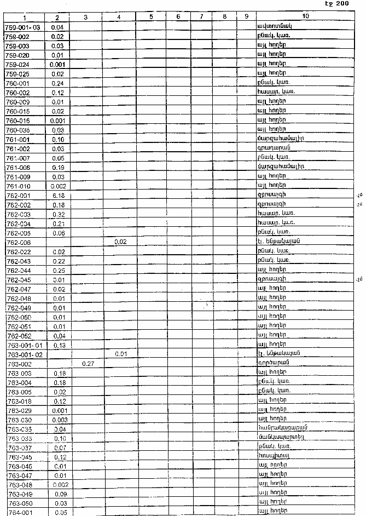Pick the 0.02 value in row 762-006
(x=120, y=241)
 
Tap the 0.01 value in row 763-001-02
(x=120, y=353)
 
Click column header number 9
(x=246, y=17)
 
